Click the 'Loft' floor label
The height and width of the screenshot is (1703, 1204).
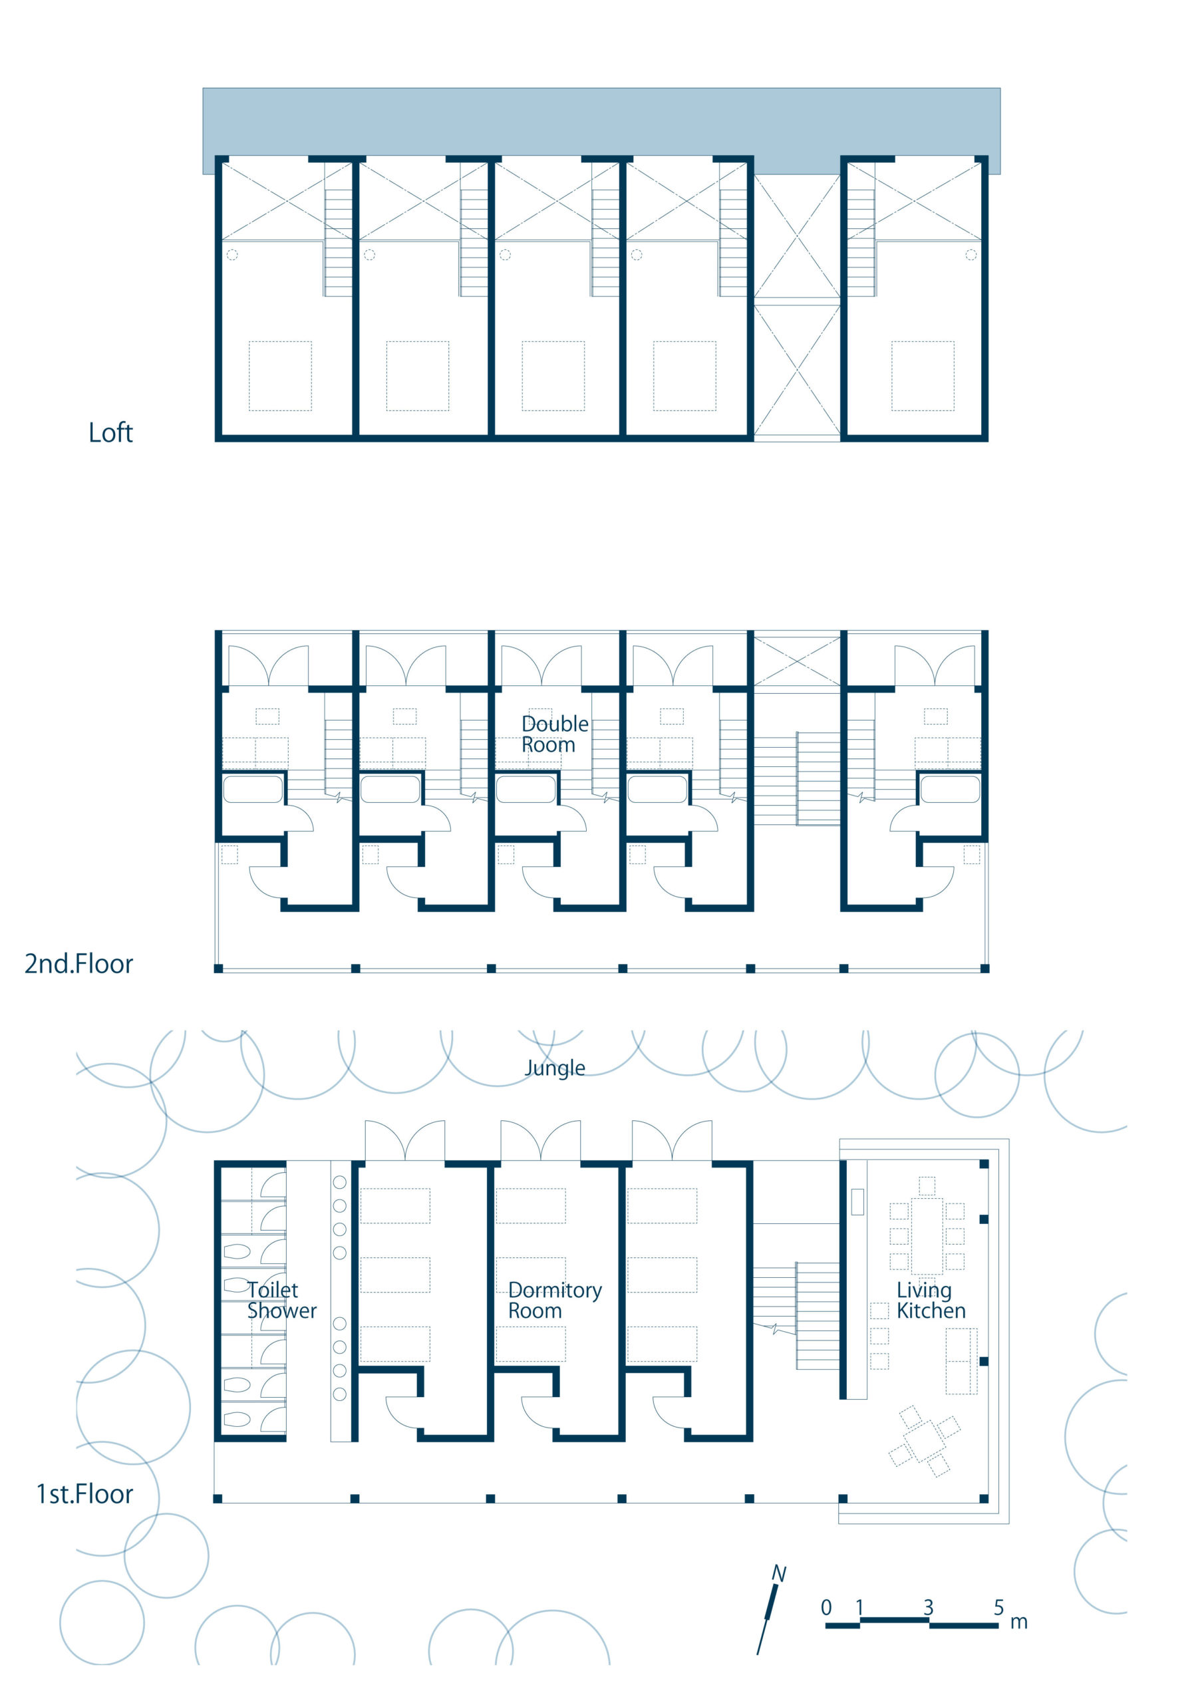(110, 432)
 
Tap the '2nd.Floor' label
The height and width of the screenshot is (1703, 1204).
(78, 963)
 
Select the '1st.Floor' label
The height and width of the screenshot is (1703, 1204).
(84, 1494)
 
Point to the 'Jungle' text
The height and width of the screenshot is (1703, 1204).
(555, 1069)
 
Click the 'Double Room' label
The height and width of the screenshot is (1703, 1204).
(555, 734)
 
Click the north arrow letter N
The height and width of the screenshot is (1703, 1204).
(778, 1574)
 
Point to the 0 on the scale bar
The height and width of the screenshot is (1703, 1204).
(826, 1607)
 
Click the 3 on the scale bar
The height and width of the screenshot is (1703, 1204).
(928, 1607)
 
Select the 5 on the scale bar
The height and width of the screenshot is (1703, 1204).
(998, 1607)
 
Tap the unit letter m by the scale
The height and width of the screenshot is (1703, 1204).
(1018, 1623)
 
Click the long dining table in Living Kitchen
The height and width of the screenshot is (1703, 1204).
(927, 1236)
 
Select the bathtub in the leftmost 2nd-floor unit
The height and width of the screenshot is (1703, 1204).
(253, 789)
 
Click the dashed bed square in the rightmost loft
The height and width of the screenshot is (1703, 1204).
(923, 376)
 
